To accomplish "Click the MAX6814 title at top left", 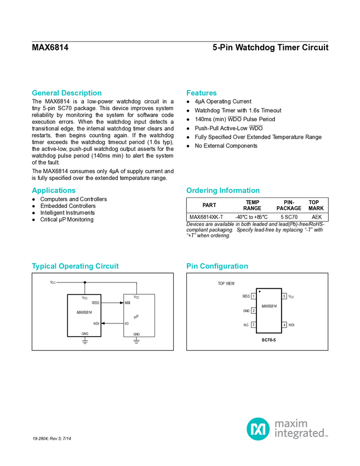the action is (50, 48).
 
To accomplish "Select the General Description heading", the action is (66, 93).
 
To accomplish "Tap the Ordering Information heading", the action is (223, 190).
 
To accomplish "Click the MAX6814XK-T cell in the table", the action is (207, 217).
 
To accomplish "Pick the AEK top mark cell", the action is (317, 217).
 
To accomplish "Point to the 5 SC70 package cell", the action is (289, 217).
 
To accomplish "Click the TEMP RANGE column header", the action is (252, 206).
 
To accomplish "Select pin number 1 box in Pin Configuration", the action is (253, 296).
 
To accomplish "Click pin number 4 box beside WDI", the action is (284, 325).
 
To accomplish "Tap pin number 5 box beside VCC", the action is (284, 296).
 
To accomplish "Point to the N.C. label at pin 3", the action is (246, 325).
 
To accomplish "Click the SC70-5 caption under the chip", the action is (268, 340).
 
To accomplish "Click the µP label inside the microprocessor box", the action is (136, 317).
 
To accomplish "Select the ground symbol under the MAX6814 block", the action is (85, 341).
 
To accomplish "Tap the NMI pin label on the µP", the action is (128, 303).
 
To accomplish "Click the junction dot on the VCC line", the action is (84, 282).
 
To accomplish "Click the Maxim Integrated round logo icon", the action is (258, 429).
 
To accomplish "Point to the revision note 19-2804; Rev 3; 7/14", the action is (52, 439).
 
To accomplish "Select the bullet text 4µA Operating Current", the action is (223, 101).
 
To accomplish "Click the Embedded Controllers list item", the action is (68, 206).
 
